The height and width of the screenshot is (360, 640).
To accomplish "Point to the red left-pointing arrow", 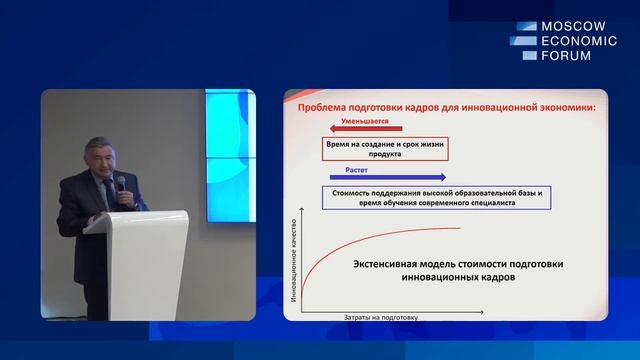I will tap(362, 129).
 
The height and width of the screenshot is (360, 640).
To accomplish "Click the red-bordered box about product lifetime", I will tap(384, 150).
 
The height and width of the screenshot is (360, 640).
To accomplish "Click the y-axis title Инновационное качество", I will tap(294, 263).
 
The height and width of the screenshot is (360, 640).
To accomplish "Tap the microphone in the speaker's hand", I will tap(121, 184).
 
